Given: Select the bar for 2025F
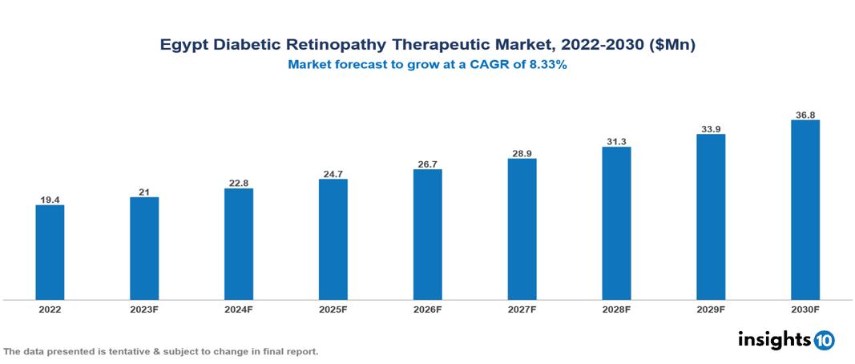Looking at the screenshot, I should tap(333, 239).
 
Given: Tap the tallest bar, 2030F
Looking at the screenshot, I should tap(805, 210).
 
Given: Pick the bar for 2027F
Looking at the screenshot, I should tap(522, 229).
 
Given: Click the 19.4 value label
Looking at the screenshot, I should tap(50, 199).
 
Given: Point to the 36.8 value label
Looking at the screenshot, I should tap(805, 115).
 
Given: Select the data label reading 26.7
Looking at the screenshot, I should tap(428, 164).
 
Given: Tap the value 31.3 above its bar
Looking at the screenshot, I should tap(616, 141).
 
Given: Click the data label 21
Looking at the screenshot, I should tap(144, 191).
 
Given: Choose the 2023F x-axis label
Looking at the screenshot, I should tap(144, 309).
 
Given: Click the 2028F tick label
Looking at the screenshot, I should tap(616, 309).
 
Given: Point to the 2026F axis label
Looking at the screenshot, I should tap(428, 309).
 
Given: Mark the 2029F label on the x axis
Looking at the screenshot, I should tap(711, 309).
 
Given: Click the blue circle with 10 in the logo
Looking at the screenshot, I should tap(824, 340).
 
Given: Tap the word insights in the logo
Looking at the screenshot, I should tap(774, 339).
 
